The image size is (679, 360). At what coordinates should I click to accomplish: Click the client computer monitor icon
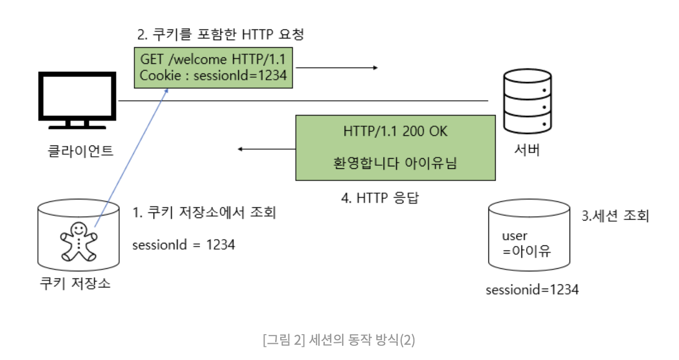[77, 100]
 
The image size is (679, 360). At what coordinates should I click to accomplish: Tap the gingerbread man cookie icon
[79, 242]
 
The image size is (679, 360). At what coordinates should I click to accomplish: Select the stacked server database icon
[527, 101]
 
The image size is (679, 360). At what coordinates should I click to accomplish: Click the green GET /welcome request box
[213, 67]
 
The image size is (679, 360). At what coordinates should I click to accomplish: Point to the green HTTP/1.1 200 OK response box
[396, 148]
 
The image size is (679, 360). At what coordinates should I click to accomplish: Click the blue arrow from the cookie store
[131, 158]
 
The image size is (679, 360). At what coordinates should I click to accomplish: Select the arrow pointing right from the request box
[337, 67]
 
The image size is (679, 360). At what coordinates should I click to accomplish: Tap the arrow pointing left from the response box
[267, 149]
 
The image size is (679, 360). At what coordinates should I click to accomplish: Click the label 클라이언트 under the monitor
[81, 151]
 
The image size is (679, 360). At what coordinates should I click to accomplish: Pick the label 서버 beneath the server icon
[527, 150]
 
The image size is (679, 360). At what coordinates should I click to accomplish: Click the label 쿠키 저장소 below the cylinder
[75, 283]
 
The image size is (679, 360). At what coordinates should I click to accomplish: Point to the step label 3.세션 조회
[615, 215]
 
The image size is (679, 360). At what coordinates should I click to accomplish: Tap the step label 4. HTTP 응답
[380, 198]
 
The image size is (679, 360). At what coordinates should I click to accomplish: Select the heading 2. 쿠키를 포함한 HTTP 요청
[220, 34]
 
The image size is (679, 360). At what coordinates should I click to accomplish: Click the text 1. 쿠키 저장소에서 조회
[204, 212]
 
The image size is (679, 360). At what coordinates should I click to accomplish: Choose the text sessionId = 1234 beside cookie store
[184, 245]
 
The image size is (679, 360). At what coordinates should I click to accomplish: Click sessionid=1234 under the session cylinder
[532, 290]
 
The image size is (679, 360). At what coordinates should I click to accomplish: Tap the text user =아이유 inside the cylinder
[526, 244]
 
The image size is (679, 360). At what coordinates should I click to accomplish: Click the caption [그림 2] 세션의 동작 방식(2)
[339, 340]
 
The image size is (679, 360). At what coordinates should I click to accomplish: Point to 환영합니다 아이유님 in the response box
[395, 163]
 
